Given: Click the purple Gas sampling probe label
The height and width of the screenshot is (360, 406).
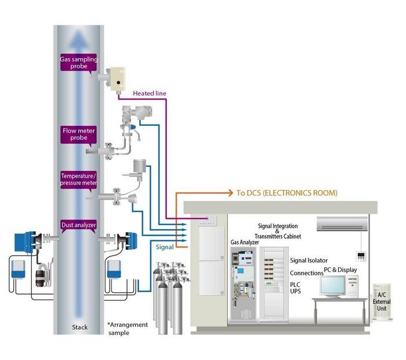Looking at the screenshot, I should tap(79, 63).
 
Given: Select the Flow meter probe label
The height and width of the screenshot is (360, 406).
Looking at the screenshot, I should tap(79, 134).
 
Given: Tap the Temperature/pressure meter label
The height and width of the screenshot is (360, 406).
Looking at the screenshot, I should tap(79, 180).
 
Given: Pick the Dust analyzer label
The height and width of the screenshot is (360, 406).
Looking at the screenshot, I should tap(79, 224).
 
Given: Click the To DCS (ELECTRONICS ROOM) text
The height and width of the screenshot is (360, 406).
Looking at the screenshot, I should tap(287, 192).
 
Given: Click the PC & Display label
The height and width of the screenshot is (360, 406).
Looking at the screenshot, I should tap(340, 270).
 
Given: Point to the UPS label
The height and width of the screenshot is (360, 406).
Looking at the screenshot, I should tap(296, 292).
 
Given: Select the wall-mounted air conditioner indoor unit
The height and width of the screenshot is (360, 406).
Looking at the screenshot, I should tap(342, 223).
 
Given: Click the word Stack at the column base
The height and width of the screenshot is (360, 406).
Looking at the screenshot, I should tap(79, 328).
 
